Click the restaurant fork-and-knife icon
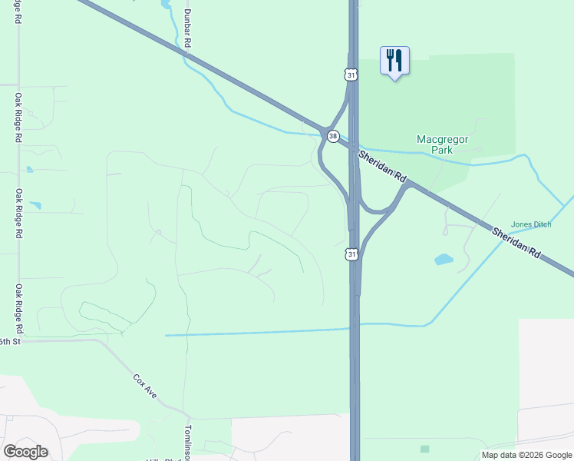point(394,60)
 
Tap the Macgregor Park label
point(441,144)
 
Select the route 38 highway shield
point(332,136)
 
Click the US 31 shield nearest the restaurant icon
point(351,75)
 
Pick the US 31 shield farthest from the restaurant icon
point(351,254)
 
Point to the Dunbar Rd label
point(186,28)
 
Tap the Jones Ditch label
point(531,224)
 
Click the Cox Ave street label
point(145,386)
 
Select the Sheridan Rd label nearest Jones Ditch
point(522,244)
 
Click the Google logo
point(25,452)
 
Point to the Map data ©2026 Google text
point(526,455)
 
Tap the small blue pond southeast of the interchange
point(444,260)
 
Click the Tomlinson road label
point(186,442)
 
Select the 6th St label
point(8,341)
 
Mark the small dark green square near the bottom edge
point(424,449)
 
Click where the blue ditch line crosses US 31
point(355,327)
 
